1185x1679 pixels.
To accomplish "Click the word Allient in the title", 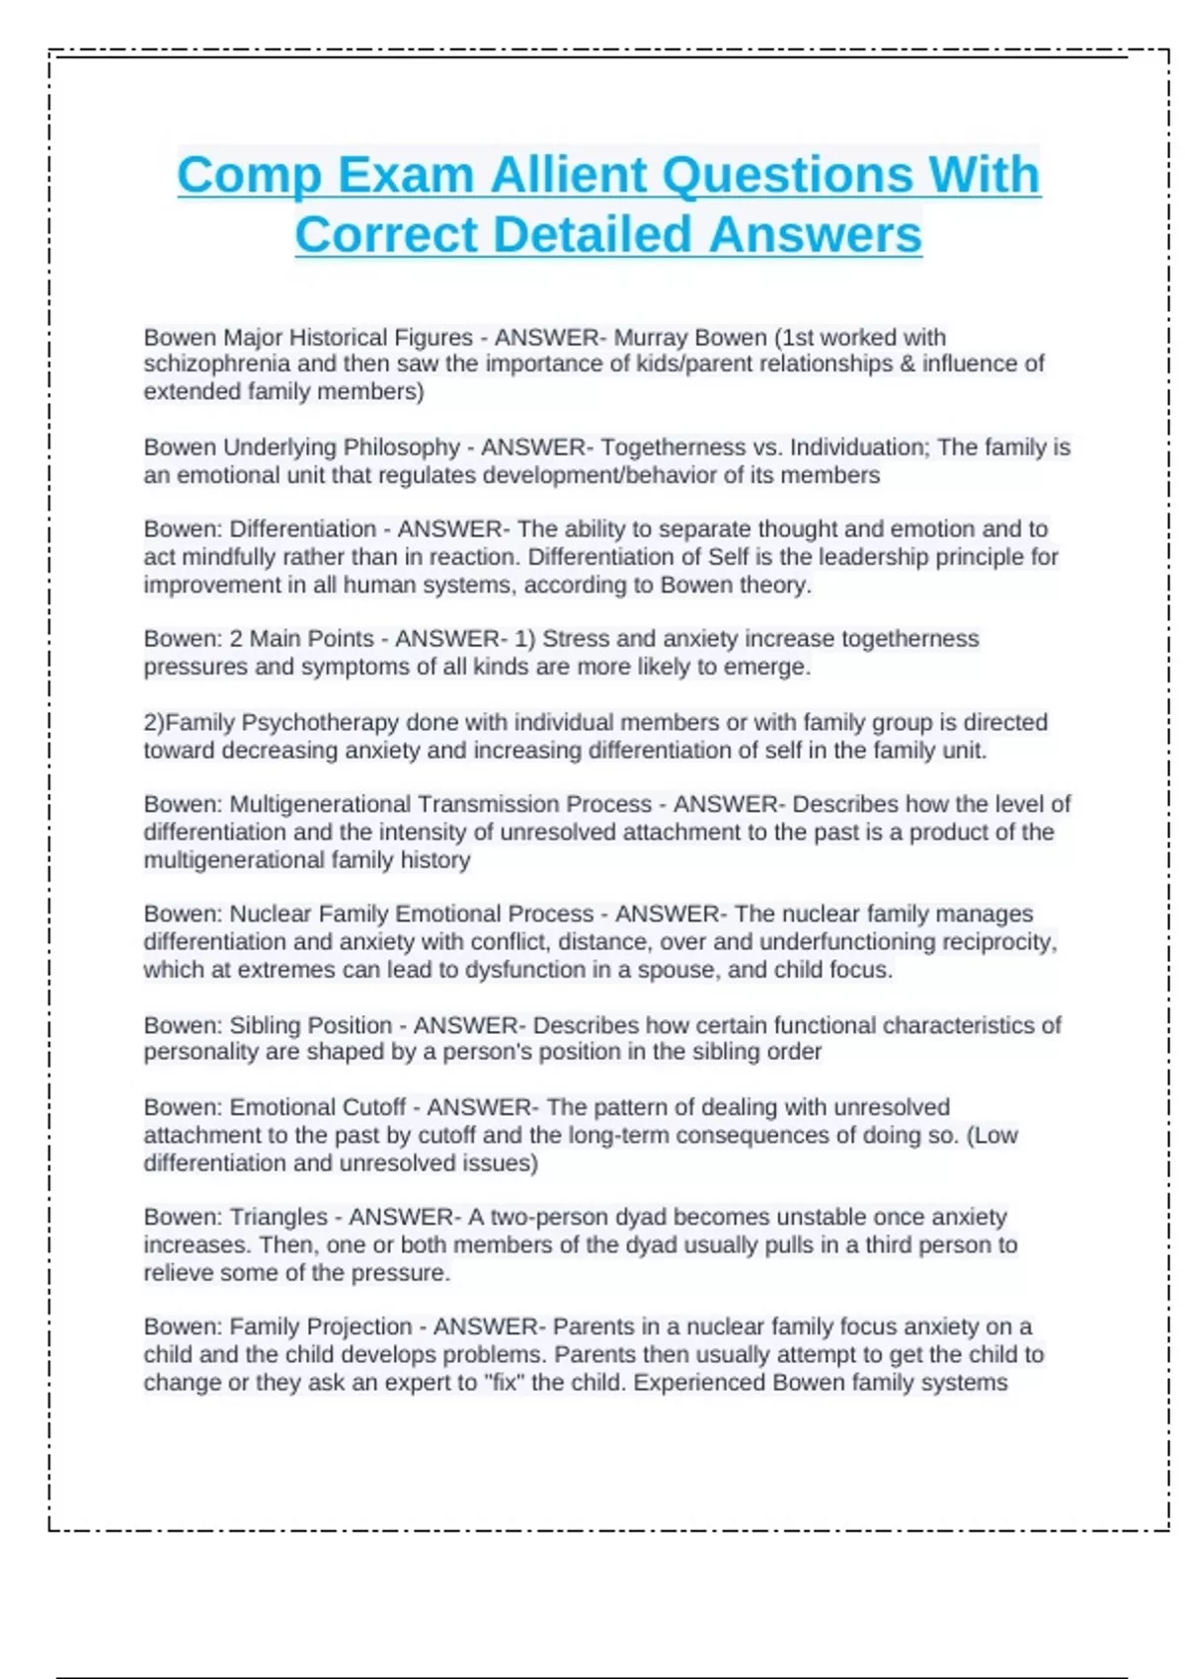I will (568, 175).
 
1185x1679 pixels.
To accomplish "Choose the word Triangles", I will (278, 1218).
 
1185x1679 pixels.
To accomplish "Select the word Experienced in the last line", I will (699, 1383).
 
